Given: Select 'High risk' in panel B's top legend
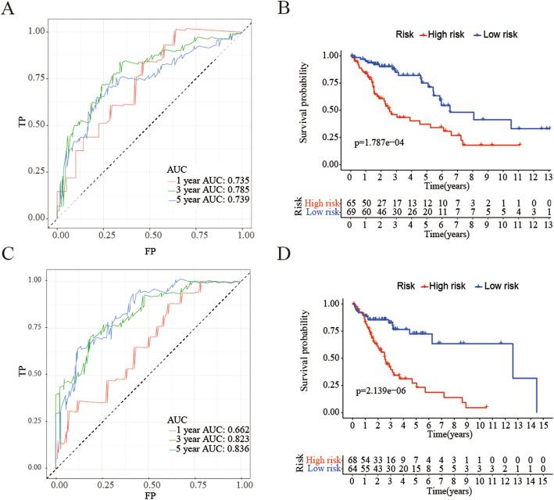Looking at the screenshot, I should click(407, 35).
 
